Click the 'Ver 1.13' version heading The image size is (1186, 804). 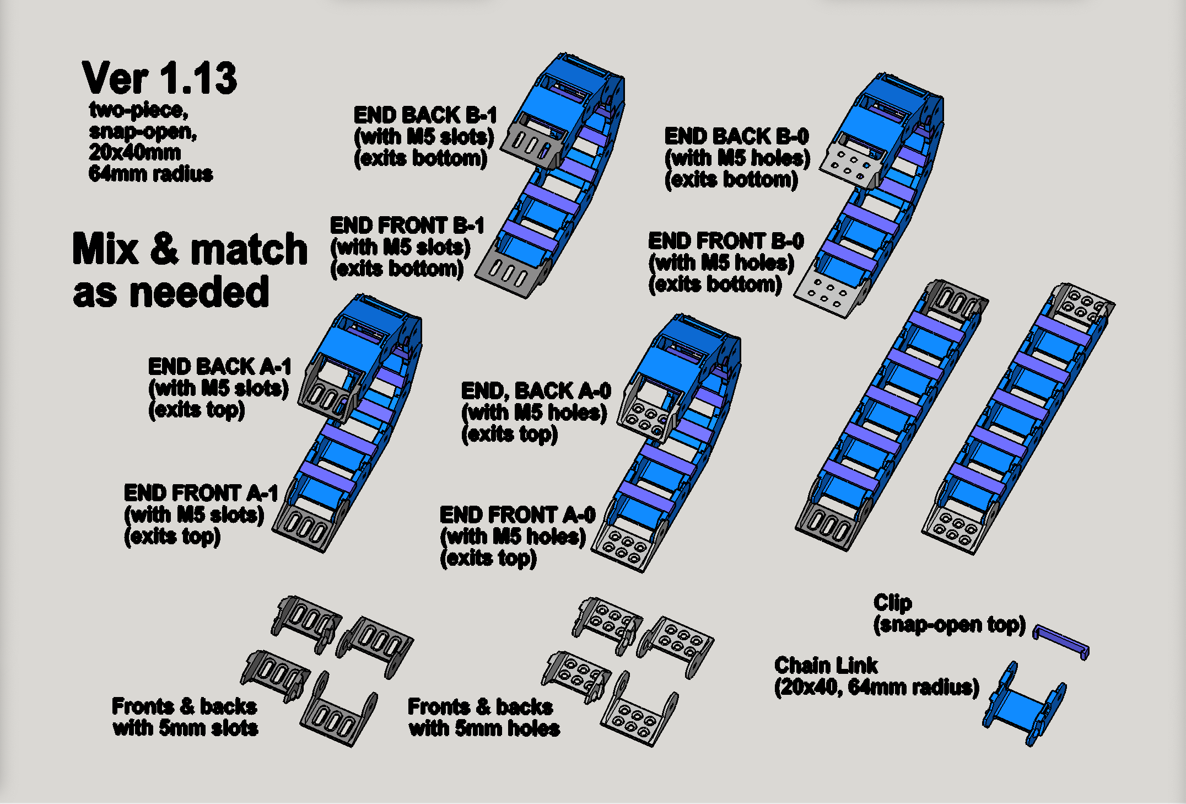(x=159, y=78)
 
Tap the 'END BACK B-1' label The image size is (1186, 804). (x=425, y=116)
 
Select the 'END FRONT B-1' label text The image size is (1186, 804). (x=407, y=226)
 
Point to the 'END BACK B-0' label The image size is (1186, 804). (x=737, y=136)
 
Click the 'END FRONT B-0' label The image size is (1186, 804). (x=726, y=241)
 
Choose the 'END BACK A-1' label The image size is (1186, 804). (x=219, y=367)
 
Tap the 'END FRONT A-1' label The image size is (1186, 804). (x=201, y=493)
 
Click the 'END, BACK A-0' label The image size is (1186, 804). (x=536, y=391)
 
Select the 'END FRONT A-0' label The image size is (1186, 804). (x=517, y=515)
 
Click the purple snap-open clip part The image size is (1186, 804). (x=1061, y=641)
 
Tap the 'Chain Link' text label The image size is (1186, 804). (x=826, y=666)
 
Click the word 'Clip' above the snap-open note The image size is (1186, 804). (x=892, y=603)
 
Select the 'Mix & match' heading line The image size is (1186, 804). (x=190, y=249)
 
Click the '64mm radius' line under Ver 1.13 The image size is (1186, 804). (x=150, y=174)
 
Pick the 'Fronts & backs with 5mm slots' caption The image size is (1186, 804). (x=185, y=717)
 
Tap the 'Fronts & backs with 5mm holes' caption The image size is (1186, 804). (x=484, y=717)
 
